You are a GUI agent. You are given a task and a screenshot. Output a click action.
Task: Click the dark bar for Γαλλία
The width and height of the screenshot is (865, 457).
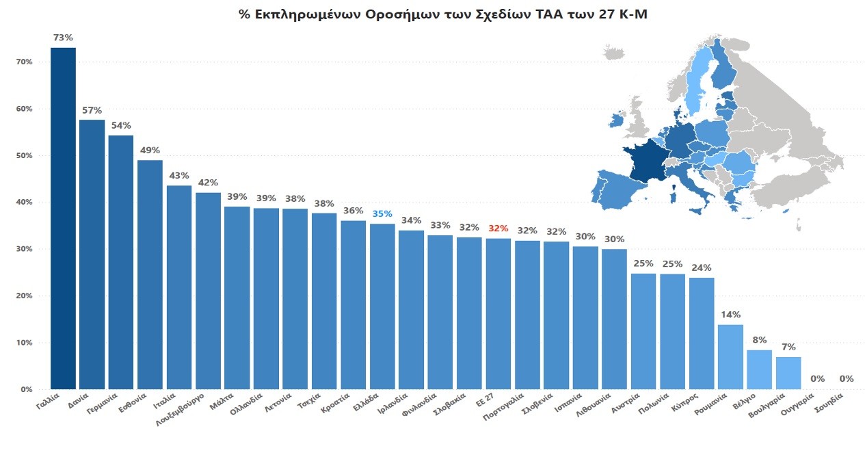(63, 219)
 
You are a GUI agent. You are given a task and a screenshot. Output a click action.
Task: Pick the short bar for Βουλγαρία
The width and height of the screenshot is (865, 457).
(788, 373)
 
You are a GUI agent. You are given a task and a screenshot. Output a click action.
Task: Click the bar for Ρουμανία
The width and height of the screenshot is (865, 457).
(730, 356)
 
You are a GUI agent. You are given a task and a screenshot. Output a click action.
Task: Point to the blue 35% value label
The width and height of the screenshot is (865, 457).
(382, 213)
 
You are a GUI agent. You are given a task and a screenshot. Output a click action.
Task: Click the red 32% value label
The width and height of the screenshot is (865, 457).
(498, 228)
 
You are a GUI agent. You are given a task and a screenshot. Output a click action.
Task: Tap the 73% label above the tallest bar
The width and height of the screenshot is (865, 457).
(63, 37)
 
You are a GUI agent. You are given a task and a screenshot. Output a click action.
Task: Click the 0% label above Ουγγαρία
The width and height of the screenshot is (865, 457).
(817, 378)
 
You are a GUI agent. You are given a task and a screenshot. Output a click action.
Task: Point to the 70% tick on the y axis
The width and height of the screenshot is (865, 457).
(24, 62)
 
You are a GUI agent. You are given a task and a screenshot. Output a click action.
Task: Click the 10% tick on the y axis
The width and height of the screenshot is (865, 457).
(24, 343)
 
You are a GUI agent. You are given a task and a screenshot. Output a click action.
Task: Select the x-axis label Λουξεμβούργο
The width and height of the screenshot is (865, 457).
(183, 408)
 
